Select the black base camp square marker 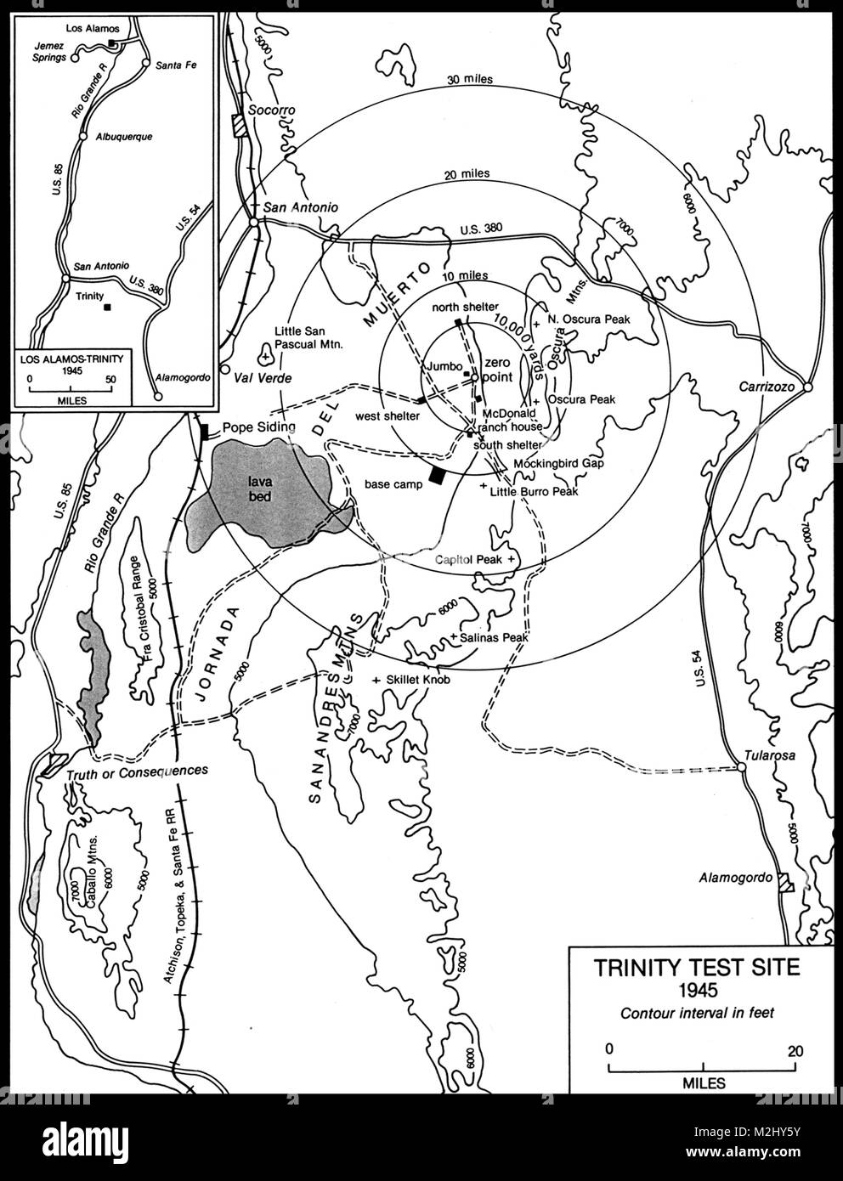(437, 476)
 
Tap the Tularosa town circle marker (741, 766)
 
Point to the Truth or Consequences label (137, 771)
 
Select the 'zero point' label (495, 369)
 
